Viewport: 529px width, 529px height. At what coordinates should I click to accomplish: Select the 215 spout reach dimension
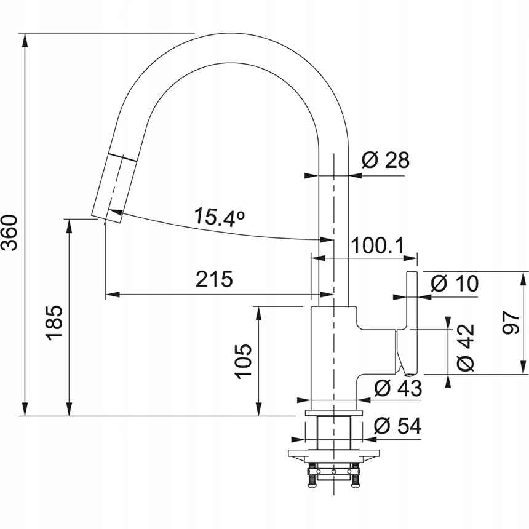tap(214, 280)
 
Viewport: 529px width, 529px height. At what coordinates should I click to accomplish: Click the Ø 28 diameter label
tap(386, 161)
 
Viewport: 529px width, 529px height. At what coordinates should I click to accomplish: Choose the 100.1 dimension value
tap(376, 246)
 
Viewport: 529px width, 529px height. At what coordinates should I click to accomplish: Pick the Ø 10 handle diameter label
tap(454, 284)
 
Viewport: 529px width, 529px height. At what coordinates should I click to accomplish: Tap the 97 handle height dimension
tap(512, 322)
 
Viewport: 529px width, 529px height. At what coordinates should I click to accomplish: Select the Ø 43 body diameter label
tap(398, 388)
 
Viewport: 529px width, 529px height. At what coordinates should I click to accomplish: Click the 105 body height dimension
tap(244, 360)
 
